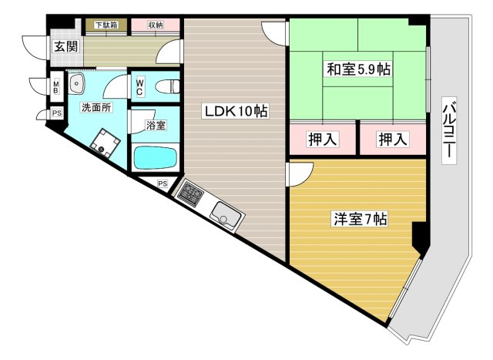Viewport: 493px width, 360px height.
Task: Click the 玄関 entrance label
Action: (65, 46)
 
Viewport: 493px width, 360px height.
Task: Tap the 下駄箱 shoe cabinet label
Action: (106, 25)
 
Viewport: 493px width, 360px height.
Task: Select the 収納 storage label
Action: (156, 25)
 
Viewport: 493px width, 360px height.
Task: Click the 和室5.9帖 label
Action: (359, 69)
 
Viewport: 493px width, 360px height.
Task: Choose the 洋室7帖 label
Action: (361, 219)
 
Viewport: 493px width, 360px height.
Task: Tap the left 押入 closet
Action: (323, 139)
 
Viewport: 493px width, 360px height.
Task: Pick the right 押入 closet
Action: (393, 139)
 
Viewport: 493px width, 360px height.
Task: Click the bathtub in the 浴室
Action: (156, 157)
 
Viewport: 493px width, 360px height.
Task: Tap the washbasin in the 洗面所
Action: (76, 84)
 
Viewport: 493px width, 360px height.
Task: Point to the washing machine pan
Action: (105, 143)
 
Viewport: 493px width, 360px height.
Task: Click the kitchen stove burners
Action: (190, 193)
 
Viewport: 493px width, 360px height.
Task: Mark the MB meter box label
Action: (56, 87)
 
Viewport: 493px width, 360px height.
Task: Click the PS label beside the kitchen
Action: (163, 183)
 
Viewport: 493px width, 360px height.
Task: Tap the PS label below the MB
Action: (57, 113)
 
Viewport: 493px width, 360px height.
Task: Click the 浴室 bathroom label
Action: (156, 125)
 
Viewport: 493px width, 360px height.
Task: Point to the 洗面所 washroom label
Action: (96, 107)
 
